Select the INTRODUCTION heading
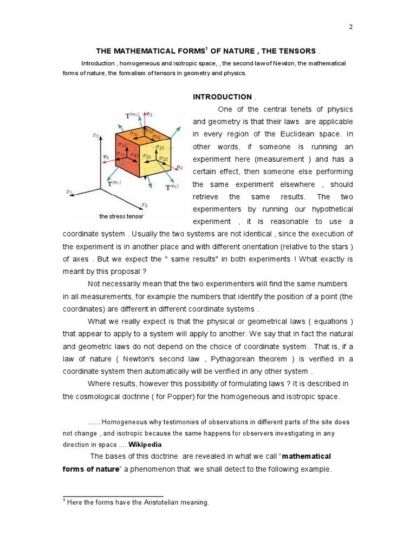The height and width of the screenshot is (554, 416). (222, 97)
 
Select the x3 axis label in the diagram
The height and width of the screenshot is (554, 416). (95, 137)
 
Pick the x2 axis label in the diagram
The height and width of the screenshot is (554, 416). (145, 205)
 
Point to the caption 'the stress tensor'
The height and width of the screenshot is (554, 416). (121, 216)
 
